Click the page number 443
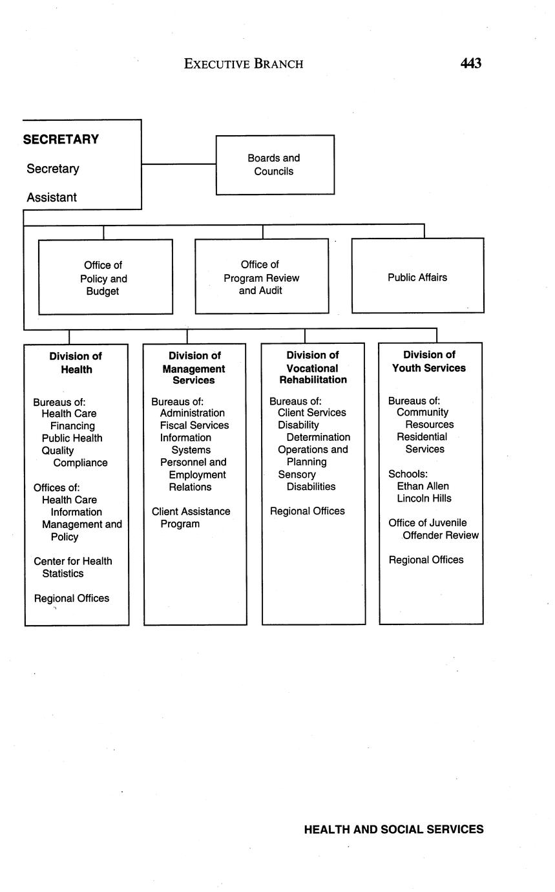click(470, 63)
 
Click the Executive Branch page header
click(244, 64)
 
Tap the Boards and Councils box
click(275, 165)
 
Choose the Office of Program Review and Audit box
click(261, 277)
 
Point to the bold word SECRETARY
click(61, 140)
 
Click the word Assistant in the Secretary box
click(52, 198)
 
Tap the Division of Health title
click(76, 363)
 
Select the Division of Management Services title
click(194, 368)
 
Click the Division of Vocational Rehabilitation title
click(313, 367)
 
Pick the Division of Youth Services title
click(429, 361)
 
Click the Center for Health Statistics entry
click(72, 568)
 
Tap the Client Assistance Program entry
click(191, 518)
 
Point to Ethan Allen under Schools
click(423, 486)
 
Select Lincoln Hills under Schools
click(424, 498)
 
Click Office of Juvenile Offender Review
click(434, 529)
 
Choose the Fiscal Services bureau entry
click(194, 425)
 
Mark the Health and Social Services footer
click(393, 829)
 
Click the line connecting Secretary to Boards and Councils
click(178, 164)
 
